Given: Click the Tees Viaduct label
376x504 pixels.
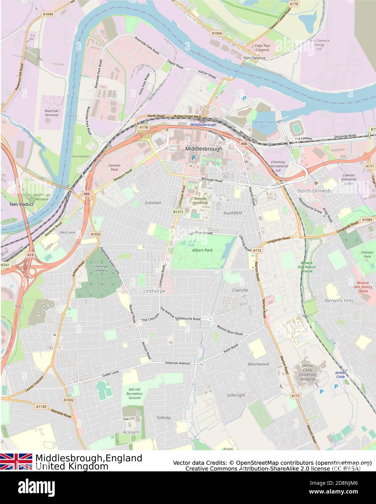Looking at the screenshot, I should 21,204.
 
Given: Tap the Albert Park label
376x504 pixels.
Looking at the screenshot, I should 202,250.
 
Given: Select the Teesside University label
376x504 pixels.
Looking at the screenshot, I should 200,201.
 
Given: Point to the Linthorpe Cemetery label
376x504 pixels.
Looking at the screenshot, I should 100,268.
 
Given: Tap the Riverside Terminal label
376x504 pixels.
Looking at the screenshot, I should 51,113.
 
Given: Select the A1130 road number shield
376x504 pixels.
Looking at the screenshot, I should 41,406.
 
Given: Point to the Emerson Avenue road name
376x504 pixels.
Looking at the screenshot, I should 177,363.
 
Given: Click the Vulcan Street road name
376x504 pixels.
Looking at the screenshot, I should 207,74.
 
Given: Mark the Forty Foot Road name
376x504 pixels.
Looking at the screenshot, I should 144,84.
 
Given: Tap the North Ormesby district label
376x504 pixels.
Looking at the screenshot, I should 315,191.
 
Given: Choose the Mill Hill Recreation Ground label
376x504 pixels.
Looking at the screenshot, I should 134,394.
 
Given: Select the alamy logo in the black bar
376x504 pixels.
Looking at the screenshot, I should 36,487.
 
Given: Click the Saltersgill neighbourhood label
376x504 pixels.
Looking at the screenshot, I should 236,395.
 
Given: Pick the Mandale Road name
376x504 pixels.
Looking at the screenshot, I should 61,414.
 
